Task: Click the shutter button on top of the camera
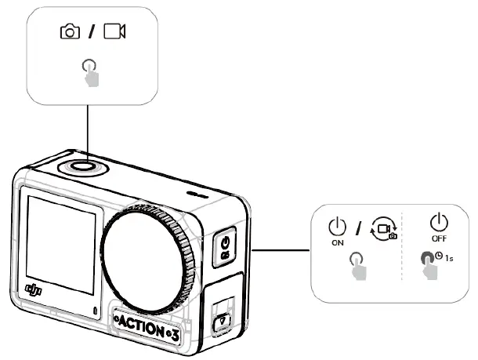(78, 166)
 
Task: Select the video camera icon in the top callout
(114, 31)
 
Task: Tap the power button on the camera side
(223, 245)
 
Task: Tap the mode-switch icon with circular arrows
(382, 228)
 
